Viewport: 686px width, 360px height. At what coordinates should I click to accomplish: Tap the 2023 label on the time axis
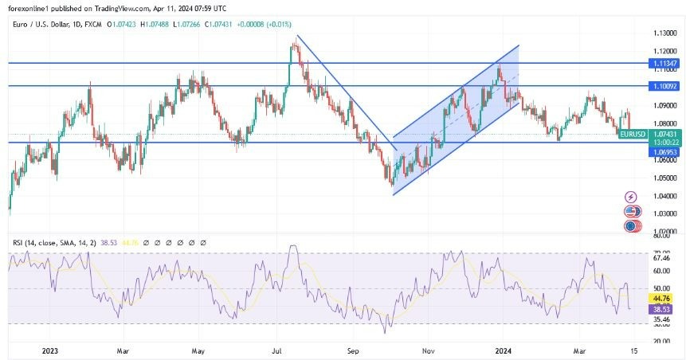(50, 349)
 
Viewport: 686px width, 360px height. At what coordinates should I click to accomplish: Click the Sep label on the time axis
(354, 349)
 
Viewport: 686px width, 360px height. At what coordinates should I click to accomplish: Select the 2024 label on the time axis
(503, 349)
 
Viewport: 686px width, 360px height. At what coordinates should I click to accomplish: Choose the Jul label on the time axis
(278, 349)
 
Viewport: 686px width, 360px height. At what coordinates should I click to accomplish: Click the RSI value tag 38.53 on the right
(660, 307)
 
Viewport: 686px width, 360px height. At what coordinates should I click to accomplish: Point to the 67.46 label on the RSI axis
(660, 258)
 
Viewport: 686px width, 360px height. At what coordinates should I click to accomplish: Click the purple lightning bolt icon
(632, 197)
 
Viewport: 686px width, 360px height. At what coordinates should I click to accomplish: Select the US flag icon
(632, 212)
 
